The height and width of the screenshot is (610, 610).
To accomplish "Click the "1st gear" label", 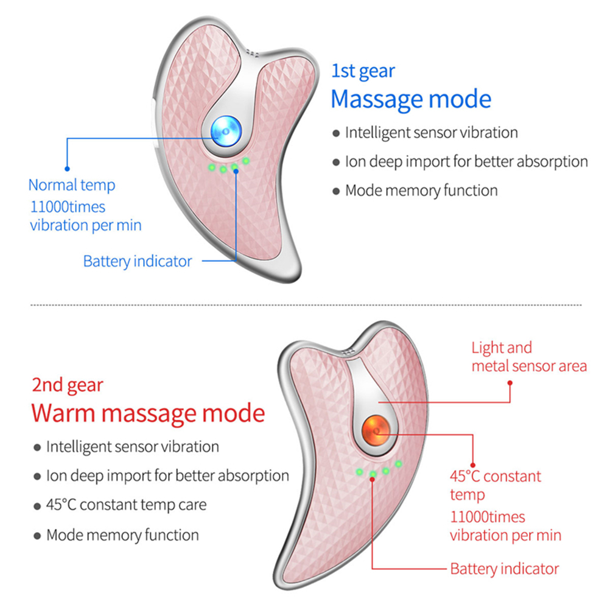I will tap(363, 71).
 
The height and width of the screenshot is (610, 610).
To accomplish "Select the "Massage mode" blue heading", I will tap(411, 99).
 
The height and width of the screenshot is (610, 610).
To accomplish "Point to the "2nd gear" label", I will tap(68, 385).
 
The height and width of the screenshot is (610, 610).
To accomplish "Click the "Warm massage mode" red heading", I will tap(149, 413).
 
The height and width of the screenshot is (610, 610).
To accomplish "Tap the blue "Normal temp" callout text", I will tap(72, 184).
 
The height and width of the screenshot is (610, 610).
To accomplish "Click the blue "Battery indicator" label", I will tap(138, 262).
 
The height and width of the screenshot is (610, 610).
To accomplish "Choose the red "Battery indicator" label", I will tap(504, 569).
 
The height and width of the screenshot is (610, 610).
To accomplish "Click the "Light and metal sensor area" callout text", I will tap(529, 357).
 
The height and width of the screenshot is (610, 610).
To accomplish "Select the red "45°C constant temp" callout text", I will tap(495, 485).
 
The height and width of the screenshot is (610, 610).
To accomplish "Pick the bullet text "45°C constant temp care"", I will tap(127, 505).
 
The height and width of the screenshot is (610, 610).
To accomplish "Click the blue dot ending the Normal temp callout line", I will tap(67, 167).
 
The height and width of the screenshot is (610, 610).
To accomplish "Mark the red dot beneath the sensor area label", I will tap(510, 384).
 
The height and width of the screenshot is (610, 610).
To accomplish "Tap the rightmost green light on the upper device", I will tap(246, 161).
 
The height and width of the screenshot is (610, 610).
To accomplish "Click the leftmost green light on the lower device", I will tap(359, 471).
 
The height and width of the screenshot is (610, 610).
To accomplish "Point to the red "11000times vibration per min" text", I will tap(505, 527).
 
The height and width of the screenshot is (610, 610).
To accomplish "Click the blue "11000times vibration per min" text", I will tap(85, 216).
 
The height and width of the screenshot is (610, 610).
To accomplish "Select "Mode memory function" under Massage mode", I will tap(421, 191).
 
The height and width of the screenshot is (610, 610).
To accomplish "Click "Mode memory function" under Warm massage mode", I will tap(122, 535).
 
